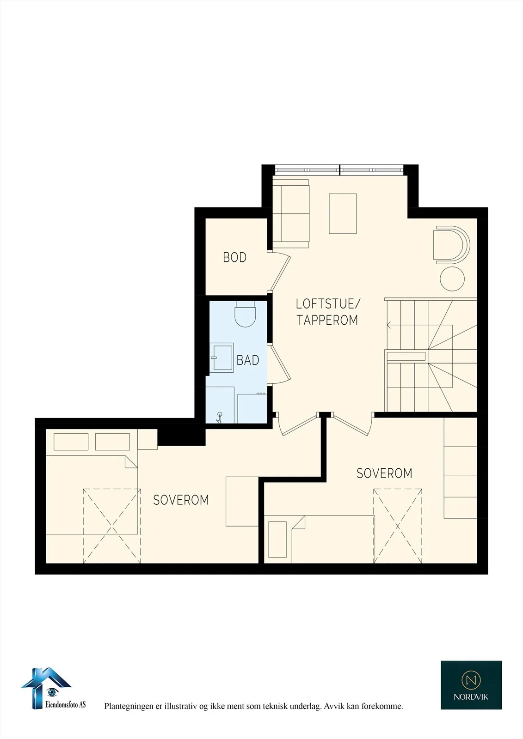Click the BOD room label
click(x=234, y=258)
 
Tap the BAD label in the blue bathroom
click(x=248, y=360)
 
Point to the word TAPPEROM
click(x=327, y=320)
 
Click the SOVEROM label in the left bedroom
click(x=181, y=500)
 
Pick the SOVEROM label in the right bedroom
click(x=385, y=473)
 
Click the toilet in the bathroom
click(x=245, y=314)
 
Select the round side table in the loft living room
click(x=452, y=279)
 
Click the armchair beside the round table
click(x=451, y=245)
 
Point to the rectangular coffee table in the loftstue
click(x=343, y=214)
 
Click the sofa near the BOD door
click(x=291, y=214)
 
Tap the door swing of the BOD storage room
click(x=280, y=272)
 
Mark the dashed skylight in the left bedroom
click(x=111, y=526)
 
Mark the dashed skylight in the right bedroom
click(x=398, y=526)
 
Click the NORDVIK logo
click(x=471, y=685)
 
